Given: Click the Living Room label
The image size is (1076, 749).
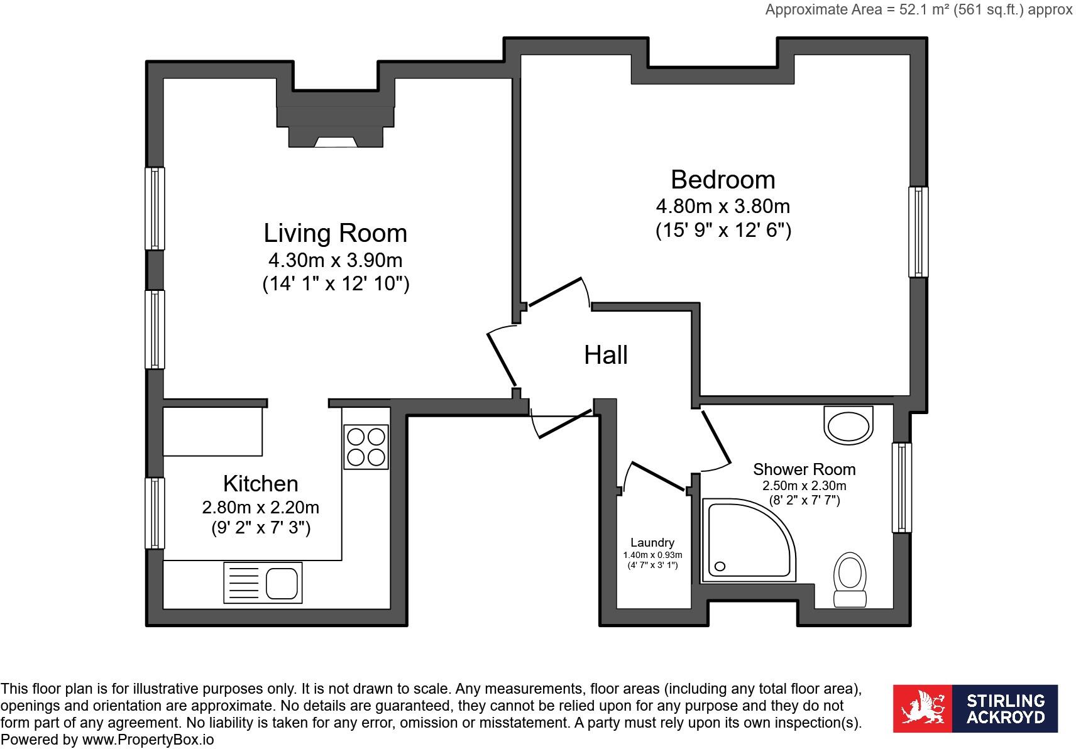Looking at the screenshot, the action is pyautogui.click(x=335, y=233).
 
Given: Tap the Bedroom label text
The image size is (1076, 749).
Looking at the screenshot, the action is pyautogui.click(x=723, y=180).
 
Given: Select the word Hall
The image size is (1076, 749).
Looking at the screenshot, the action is pyautogui.click(x=606, y=355).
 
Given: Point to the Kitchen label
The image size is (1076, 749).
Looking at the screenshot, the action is pyautogui.click(x=260, y=483).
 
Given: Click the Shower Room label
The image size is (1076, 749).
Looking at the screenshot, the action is pyautogui.click(x=804, y=469).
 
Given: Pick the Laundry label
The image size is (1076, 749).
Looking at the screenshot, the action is pyautogui.click(x=652, y=542).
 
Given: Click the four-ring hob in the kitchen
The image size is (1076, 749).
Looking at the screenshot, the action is pyautogui.click(x=366, y=447).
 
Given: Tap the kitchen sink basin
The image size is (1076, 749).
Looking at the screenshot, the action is pyautogui.click(x=282, y=583).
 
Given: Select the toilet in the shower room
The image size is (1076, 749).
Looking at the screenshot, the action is pyautogui.click(x=850, y=580).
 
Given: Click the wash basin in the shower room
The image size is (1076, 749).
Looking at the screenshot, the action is pyautogui.click(x=848, y=425).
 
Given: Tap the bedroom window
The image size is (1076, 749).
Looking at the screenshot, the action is pyautogui.click(x=918, y=232).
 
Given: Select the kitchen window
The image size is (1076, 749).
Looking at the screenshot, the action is pyautogui.click(x=155, y=513).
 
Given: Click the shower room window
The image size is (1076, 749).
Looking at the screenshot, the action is pyautogui.click(x=902, y=488).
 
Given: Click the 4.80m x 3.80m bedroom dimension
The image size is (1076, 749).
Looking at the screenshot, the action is pyautogui.click(x=723, y=207).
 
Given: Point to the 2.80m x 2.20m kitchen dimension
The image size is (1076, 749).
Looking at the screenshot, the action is pyautogui.click(x=260, y=508).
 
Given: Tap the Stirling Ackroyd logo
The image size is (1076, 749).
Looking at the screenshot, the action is pyautogui.click(x=975, y=709).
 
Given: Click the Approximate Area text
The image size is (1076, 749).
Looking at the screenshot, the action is pyautogui.click(x=918, y=9).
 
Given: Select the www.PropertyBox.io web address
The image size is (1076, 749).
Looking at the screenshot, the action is pyautogui.click(x=148, y=740).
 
